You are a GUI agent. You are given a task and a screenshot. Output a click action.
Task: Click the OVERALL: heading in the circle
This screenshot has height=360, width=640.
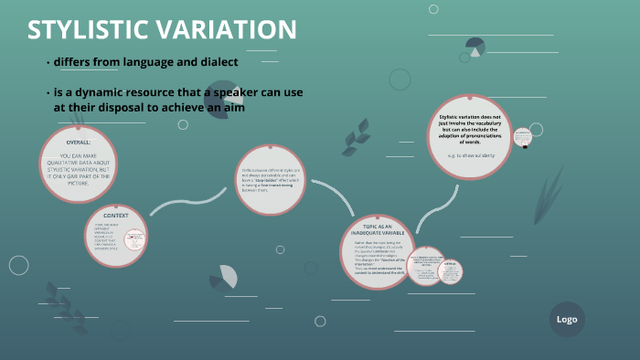pyautogui.click(x=79, y=143)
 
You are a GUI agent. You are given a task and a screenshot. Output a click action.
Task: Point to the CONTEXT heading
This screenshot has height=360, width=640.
pyautogui.click(x=116, y=216)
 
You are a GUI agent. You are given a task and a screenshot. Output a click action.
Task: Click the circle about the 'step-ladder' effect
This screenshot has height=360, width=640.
pyautogui.click(x=271, y=180)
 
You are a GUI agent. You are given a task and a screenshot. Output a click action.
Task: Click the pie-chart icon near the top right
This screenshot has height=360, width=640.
pyautogui.click(x=475, y=47)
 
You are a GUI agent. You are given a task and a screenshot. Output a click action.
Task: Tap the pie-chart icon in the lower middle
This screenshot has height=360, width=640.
pyautogui.click(x=224, y=276)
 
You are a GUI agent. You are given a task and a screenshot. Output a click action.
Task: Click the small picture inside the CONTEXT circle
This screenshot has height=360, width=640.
pyautogui.click(x=133, y=240)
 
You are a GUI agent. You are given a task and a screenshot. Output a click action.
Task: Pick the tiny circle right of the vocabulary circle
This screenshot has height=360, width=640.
pyautogui.click(x=522, y=138)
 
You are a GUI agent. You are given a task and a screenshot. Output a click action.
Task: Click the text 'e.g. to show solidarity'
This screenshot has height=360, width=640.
pyautogui.click(x=470, y=155)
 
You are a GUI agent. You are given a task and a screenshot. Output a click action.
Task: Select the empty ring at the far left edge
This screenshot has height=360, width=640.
pyautogui.click(x=18, y=265)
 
